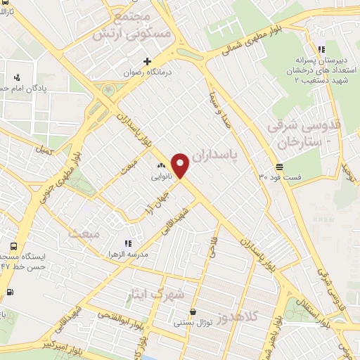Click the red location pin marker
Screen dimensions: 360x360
[x=181, y=165]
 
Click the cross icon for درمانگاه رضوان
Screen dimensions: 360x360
[x=147, y=60]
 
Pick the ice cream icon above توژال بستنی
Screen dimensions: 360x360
[x=193, y=311]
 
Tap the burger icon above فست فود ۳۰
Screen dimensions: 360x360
[x=280, y=167]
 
